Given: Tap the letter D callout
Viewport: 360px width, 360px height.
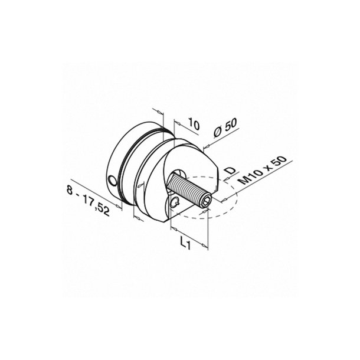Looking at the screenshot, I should [x=231, y=171].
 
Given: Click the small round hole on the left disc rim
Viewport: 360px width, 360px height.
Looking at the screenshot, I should [x=112, y=179].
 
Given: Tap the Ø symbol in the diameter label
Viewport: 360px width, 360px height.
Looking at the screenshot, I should [x=217, y=133].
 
